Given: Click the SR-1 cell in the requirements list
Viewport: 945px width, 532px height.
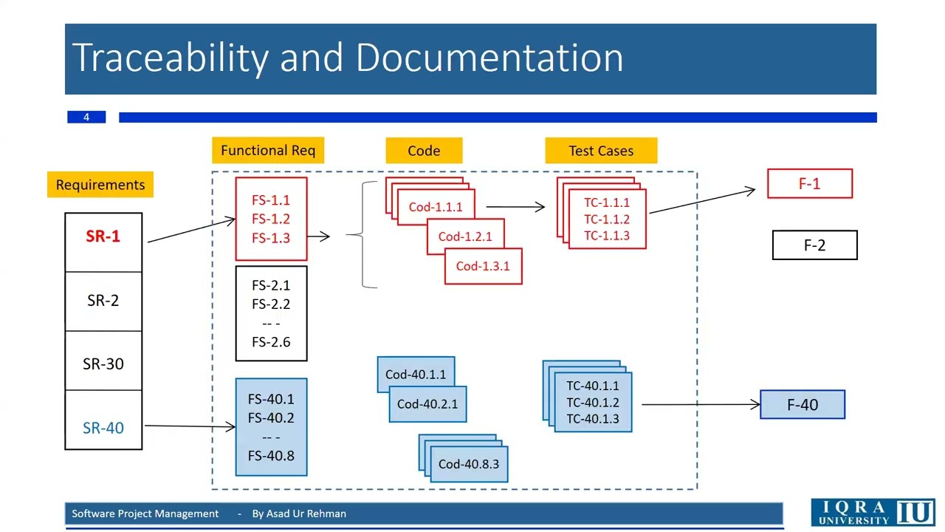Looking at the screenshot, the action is [103, 242].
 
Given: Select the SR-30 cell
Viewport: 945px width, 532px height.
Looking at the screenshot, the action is [103, 361].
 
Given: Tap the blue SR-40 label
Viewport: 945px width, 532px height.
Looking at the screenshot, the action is [103, 428].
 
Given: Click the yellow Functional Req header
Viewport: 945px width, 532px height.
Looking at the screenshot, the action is [268, 150].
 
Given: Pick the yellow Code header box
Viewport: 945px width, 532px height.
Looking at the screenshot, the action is [424, 150].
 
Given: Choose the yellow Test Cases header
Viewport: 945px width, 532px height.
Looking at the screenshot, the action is [601, 150].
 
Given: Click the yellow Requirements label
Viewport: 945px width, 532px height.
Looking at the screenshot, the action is [100, 185].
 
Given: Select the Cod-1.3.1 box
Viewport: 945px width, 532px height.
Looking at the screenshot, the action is [484, 266].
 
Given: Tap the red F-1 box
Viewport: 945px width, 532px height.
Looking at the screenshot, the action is [810, 184].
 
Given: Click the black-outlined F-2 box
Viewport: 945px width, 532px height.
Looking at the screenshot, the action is [815, 245].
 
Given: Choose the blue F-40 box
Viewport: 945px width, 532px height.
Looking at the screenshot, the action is [803, 404].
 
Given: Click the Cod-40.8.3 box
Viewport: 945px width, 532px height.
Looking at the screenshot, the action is [469, 464].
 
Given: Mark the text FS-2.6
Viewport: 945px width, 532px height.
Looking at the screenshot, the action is [271, 342].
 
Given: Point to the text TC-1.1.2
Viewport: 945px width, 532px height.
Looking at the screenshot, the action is [607, 219].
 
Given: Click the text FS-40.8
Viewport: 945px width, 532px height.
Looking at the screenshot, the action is [271, 456].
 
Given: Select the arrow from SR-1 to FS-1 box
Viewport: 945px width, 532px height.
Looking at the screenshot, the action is [191, 231].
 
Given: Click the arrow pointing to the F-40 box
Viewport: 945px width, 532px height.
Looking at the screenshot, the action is [701, 404].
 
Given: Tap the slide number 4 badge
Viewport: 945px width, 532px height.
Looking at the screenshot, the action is [86, 117].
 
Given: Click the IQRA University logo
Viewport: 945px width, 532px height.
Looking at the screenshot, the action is [873, 513].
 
